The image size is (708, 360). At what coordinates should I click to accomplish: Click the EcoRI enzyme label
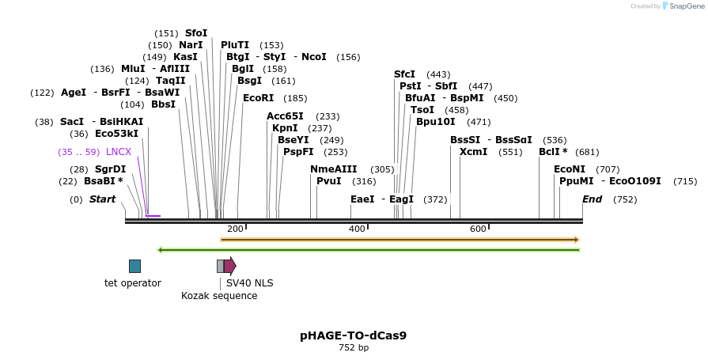click(258, 98)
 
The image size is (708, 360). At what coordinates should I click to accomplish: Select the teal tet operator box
click(134, 266)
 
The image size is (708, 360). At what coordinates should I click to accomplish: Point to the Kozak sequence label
click(219, 296)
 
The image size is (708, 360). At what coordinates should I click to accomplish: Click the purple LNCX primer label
click(119, 152)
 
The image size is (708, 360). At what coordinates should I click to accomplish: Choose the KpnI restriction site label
click(285, 128)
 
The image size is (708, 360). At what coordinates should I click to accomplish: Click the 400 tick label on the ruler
click(357, 229)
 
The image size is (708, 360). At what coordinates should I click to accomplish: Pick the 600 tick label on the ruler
click(478, 229)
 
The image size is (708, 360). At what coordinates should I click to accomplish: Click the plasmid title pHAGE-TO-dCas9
click(354, 335)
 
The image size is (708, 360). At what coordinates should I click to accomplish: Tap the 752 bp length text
click(354, 347)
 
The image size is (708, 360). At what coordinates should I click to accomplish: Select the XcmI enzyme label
click(473, 152)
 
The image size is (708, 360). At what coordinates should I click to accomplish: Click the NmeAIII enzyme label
click(333, 169)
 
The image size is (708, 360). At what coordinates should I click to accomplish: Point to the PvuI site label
click(328, 181)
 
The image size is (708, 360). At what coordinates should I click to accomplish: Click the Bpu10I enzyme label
click(436, 122)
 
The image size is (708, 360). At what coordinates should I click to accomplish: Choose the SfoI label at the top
click(196, 33)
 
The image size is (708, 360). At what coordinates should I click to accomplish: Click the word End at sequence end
click(593, 199)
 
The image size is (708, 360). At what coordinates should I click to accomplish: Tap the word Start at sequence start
click(102, 199)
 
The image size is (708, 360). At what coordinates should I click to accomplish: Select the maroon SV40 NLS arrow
click(229, 266)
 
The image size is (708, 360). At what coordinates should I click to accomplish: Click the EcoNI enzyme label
click(570, 169)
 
